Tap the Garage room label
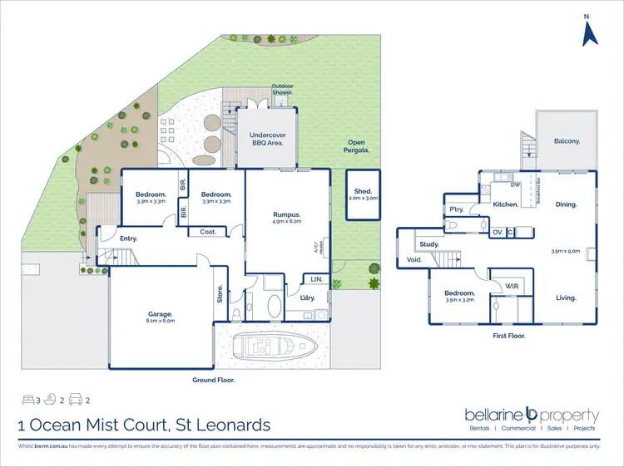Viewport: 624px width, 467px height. pyautogui.click(x=161, y=315)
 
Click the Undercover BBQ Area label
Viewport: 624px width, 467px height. pyautogui.click(x=266, y=139)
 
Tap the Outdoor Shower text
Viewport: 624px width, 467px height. pyautogui.click(x=282, y=89)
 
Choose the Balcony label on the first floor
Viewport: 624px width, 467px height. pyautogui.click(x=567, y=141)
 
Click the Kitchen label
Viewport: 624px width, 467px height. pyautogui.click(x=506, y=204)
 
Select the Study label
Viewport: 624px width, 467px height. pyautogui.click(x=428, y=244)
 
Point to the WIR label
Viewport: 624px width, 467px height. pyautogui.click(x=512, y=287)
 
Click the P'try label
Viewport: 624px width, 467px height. pyautogui.click(x=457, y=209)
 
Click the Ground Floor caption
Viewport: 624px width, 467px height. pyautogui.click(x=213, y=380)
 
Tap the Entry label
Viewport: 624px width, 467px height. pyautogui.click(x=128, y=238)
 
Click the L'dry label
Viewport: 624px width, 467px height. pyautogui.click(x=295, y=297)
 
